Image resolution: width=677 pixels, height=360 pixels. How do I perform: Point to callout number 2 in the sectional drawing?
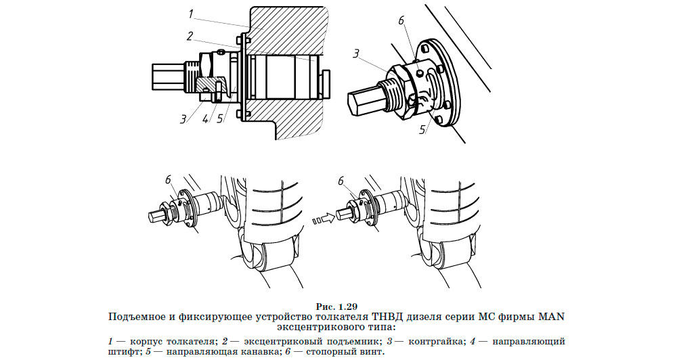coord(190,36)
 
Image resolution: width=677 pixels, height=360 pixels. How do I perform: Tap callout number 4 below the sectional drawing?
coord(206,118)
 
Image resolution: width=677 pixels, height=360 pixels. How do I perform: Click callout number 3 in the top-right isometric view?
coord(356,53)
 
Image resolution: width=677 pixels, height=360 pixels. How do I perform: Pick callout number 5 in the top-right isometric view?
coord(422,129)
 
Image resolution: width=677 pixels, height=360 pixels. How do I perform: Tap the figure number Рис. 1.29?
coord(336,307)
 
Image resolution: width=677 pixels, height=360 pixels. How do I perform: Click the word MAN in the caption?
coord(550,317)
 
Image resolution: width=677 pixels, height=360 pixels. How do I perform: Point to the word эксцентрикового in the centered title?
coord(321,327)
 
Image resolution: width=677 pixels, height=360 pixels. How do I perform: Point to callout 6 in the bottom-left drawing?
coord(169,180)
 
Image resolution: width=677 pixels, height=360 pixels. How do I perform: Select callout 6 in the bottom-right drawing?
coord(341,181)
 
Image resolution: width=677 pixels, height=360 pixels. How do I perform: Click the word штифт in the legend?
coord(123,352)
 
